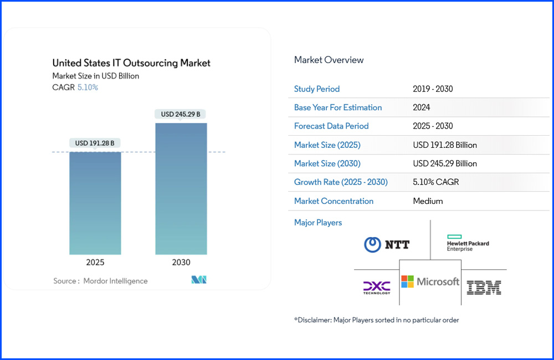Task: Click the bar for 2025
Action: (95, 203)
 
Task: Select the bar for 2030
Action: (181, 188)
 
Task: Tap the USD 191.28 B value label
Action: (95, 143)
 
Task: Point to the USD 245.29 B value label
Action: (181, 115)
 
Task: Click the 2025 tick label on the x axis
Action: (95, 263)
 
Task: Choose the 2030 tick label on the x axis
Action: (181, 263)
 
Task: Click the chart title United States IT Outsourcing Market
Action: (131, 63)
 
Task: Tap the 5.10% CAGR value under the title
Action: (88, 88)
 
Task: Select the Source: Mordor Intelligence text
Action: (100, 281)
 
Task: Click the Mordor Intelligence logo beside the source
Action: (199, 280)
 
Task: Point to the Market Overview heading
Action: (329, 60)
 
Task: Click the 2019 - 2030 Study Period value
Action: (433, 89)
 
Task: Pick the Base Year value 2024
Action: (422, 107)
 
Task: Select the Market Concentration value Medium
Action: (428, 201)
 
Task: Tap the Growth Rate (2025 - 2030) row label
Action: (341, 182)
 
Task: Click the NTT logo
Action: (387, 244)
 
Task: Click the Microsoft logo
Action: (430, 282)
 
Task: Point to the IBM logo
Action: (484, 287)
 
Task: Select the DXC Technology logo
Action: (377, 287)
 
